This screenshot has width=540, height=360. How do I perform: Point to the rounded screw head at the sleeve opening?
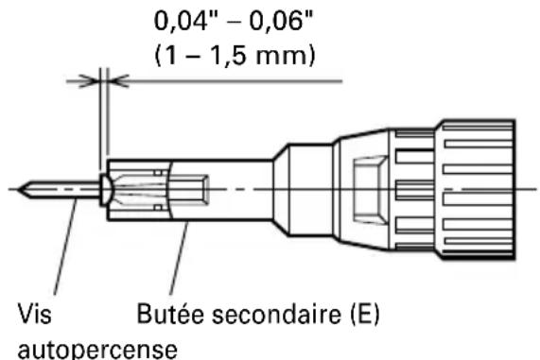[x=104, y=188]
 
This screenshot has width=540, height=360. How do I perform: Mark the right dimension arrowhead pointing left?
[x=117, y=82]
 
